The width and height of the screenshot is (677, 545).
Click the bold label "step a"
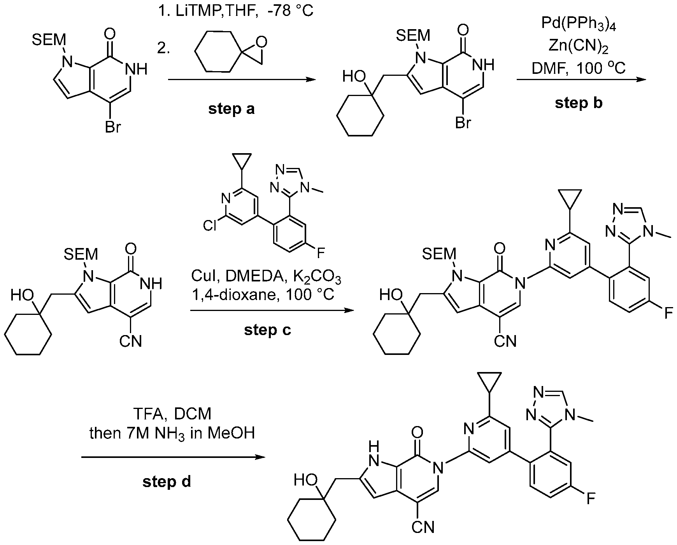click(x=232, y=109)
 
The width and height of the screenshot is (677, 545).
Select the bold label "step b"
click(x=579, y=103)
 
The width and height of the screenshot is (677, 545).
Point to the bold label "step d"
click(x=167, y=482)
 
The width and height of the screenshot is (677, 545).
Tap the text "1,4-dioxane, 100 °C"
click(x=263, y=295)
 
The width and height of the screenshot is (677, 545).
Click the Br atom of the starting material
click(x=113, y=127)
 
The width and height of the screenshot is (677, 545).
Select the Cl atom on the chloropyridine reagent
click(x=210, y=225)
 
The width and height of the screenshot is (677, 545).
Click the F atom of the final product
click(x=591, y=498)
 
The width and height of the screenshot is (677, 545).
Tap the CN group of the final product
click(x=423, y=527)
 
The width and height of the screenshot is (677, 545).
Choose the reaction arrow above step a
click(x=241, y=80)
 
